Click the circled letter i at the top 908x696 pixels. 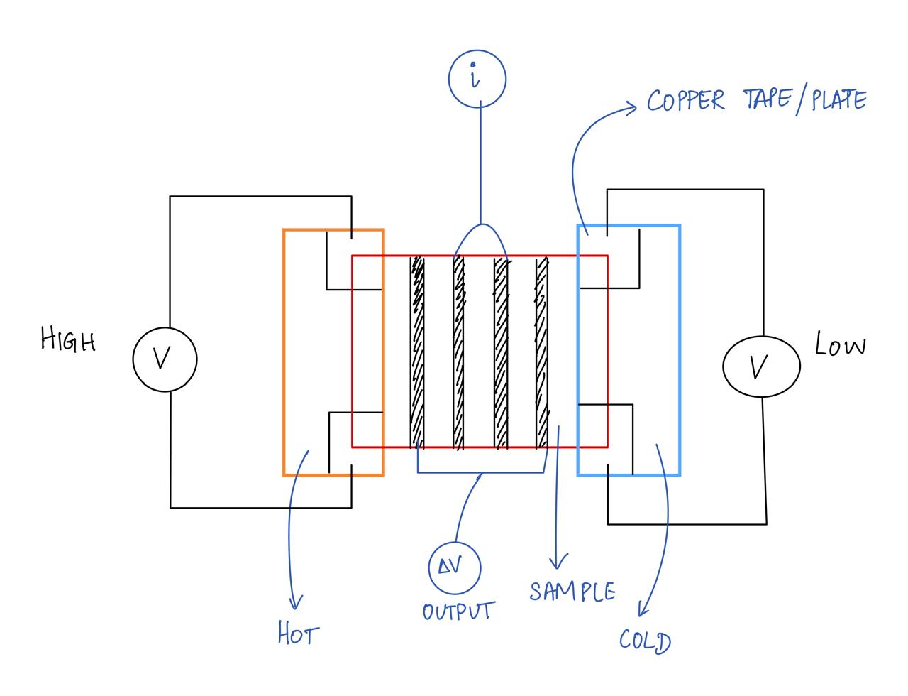coord(477,78)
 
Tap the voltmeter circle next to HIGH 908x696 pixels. coord(165,359)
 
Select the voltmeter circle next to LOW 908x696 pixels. coord(761,366)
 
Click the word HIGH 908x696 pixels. coord(68,339)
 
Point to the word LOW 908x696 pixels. coord(841,345)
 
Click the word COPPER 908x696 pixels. coord(686,101)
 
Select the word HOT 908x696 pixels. coord(298,634)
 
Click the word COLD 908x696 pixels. coord(644,641)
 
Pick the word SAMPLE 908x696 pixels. coord(572,591)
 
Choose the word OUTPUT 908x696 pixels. coord(458,611)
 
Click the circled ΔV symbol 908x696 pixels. coord(455,568)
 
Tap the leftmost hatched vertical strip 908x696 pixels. coord(417,352)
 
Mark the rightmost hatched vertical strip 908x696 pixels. coord(543,352)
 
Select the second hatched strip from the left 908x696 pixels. coord(459,352)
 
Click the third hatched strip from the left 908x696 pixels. coord(502,352)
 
